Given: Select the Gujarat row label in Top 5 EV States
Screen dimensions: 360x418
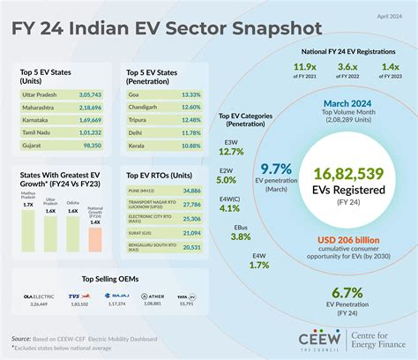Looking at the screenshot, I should point(33,142).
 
